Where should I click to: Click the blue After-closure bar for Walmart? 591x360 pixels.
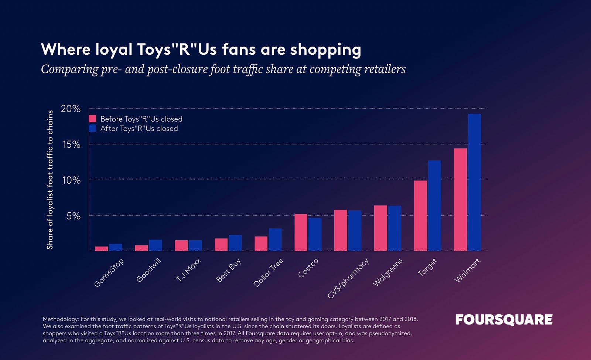click(474, 183)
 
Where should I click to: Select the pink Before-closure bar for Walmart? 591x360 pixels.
click(460, 200)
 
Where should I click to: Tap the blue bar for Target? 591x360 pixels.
click(434, 206)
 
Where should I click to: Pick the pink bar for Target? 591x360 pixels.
click(420, 216)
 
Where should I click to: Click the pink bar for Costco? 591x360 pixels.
click(301, 232)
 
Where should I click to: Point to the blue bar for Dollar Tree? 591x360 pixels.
click(275, 240)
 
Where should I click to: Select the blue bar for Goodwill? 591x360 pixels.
click(156, 245)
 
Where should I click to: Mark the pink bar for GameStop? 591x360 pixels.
click(102, 249)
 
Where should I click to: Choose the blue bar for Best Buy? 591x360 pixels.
click(235, 243)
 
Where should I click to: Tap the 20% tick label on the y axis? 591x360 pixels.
click(71, 109)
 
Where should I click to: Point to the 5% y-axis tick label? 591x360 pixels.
click(73, 216)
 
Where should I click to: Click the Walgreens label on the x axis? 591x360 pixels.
click(387, 272)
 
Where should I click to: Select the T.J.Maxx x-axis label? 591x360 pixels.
click(188, 270)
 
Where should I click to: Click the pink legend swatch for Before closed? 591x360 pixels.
click(92, 119)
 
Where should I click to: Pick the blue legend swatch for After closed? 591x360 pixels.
click(92, 128)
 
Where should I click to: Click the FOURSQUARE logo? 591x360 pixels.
click(504, 320)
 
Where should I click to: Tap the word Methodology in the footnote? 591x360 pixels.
click(61, 319)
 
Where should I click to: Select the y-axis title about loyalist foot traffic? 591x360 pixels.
click(50, 180)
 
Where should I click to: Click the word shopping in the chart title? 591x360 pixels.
click(325, 50)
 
